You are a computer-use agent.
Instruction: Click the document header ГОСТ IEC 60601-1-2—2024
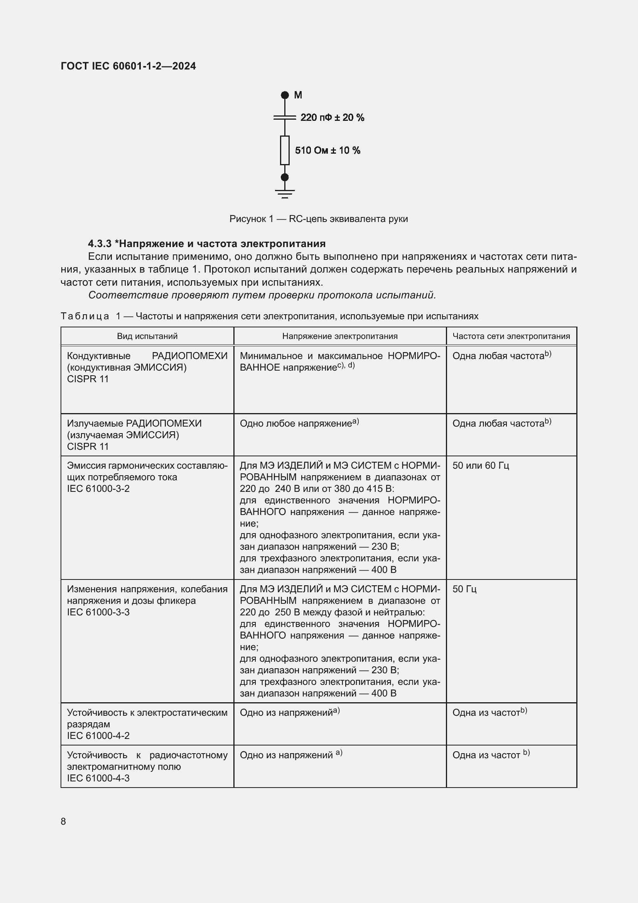pyautogui.click(x=128, y=66)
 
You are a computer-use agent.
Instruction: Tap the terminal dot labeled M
pyautogui.click(x=285, y=95)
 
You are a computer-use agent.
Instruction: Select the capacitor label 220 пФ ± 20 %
pyautogui.click(x=332, y=118)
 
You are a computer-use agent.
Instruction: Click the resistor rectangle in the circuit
pyautogui.click(x=285, y=150)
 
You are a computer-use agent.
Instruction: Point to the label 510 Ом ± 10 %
pyautogui.click(x=327, y=150)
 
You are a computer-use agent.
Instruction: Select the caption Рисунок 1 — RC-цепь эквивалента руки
pyautogui.click(x=319, y=219)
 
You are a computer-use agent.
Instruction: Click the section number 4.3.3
pyautogui.click(x=100, y=244)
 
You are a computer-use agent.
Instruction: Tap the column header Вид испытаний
pyautogui.click(x=147, y=336)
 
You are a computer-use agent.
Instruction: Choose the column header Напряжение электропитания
pyautogui.click(x=340, y=336)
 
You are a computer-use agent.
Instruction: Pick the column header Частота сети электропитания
pyautogui.click(x=511, y=336)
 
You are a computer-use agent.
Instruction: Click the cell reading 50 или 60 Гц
pyautogui.click(x=481, y=466)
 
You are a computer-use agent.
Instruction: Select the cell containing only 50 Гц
pyautogui.click(x=464, y=589)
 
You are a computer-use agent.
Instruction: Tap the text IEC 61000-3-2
pyautogui.click(x=98, y=489)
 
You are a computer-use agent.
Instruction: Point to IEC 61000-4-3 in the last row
pyautogui.click(x=98, y=778)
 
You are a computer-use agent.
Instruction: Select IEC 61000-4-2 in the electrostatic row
pyautogui.click(x=98, y=736)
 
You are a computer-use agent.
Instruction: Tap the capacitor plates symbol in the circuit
pyautogui.click(x=285, y=117)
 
